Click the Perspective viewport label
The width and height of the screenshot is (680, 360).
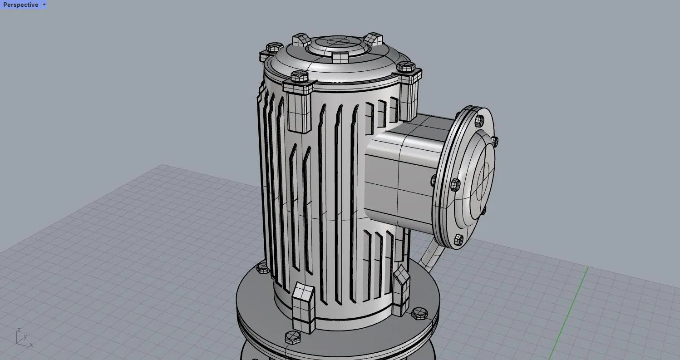pyautogui.click(x=20, y=5)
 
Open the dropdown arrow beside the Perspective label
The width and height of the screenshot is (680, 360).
pyautogui.click(x=44, y=5)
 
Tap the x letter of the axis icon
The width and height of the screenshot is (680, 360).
pyautogui.click(x=31, y=345)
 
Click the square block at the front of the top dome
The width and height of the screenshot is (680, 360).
pyautogui.click(x=340, y=58)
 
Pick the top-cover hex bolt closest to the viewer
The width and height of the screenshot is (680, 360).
pyautogui.click(x=299, y=76)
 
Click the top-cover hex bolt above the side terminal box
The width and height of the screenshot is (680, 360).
pyautogui.click(x=405, y=67)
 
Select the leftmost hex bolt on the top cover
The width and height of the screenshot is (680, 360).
pyautogui.click(x=274, y=47)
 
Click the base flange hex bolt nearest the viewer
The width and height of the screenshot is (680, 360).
pyautogui.click(x=293, y=337)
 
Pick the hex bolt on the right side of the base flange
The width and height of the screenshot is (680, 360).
pyautogui.click(x=419, y=312)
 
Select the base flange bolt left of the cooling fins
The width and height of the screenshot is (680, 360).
pyautogui.click(x=263, y=268)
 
